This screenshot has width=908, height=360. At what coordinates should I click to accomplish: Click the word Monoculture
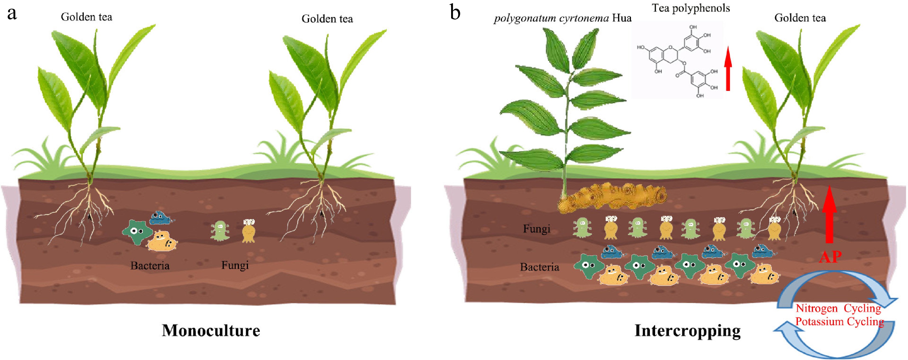tap(211, 331)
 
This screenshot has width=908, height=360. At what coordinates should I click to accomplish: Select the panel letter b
tap(456, 13)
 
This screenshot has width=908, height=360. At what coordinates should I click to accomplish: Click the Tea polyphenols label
tap(691, 9)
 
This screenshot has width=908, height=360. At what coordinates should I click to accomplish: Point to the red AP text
tap(830, 257)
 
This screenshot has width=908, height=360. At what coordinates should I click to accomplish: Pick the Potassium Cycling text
tap(840, 322)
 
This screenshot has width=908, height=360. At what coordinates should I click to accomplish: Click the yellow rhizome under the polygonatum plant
tap(611, 197)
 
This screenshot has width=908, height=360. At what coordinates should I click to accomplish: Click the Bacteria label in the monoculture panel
tap(150, 266)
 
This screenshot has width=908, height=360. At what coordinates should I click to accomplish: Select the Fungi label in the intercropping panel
tap(537, 229)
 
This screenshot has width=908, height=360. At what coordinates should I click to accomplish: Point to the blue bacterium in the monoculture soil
tap(161, 218)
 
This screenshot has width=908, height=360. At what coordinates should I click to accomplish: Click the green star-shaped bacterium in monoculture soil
tap(137, 232)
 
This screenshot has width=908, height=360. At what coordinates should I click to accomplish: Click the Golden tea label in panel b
tap(800, 18)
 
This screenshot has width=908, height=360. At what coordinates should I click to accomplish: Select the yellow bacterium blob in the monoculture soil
tap(162, 241)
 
